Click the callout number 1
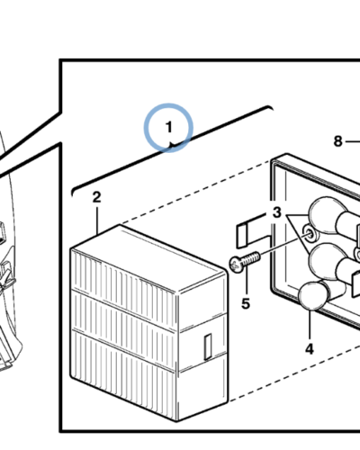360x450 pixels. (x=169, y=127)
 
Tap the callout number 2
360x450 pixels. (x=96, y=198)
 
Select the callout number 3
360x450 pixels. (x=277, y=212)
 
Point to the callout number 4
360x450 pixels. (x=310, y=349)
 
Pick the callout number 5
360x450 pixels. (x=246, y=304)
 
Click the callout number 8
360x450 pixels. (x=337, y=141)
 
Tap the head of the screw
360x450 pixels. (x=235, y=265)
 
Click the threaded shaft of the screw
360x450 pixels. (x=250, y=259)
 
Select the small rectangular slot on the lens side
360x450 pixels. (x=208, y=346)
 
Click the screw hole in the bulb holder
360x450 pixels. (x=308, y=233)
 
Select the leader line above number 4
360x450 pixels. (x=310, y=326)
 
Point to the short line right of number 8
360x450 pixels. (x=352, y=141)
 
